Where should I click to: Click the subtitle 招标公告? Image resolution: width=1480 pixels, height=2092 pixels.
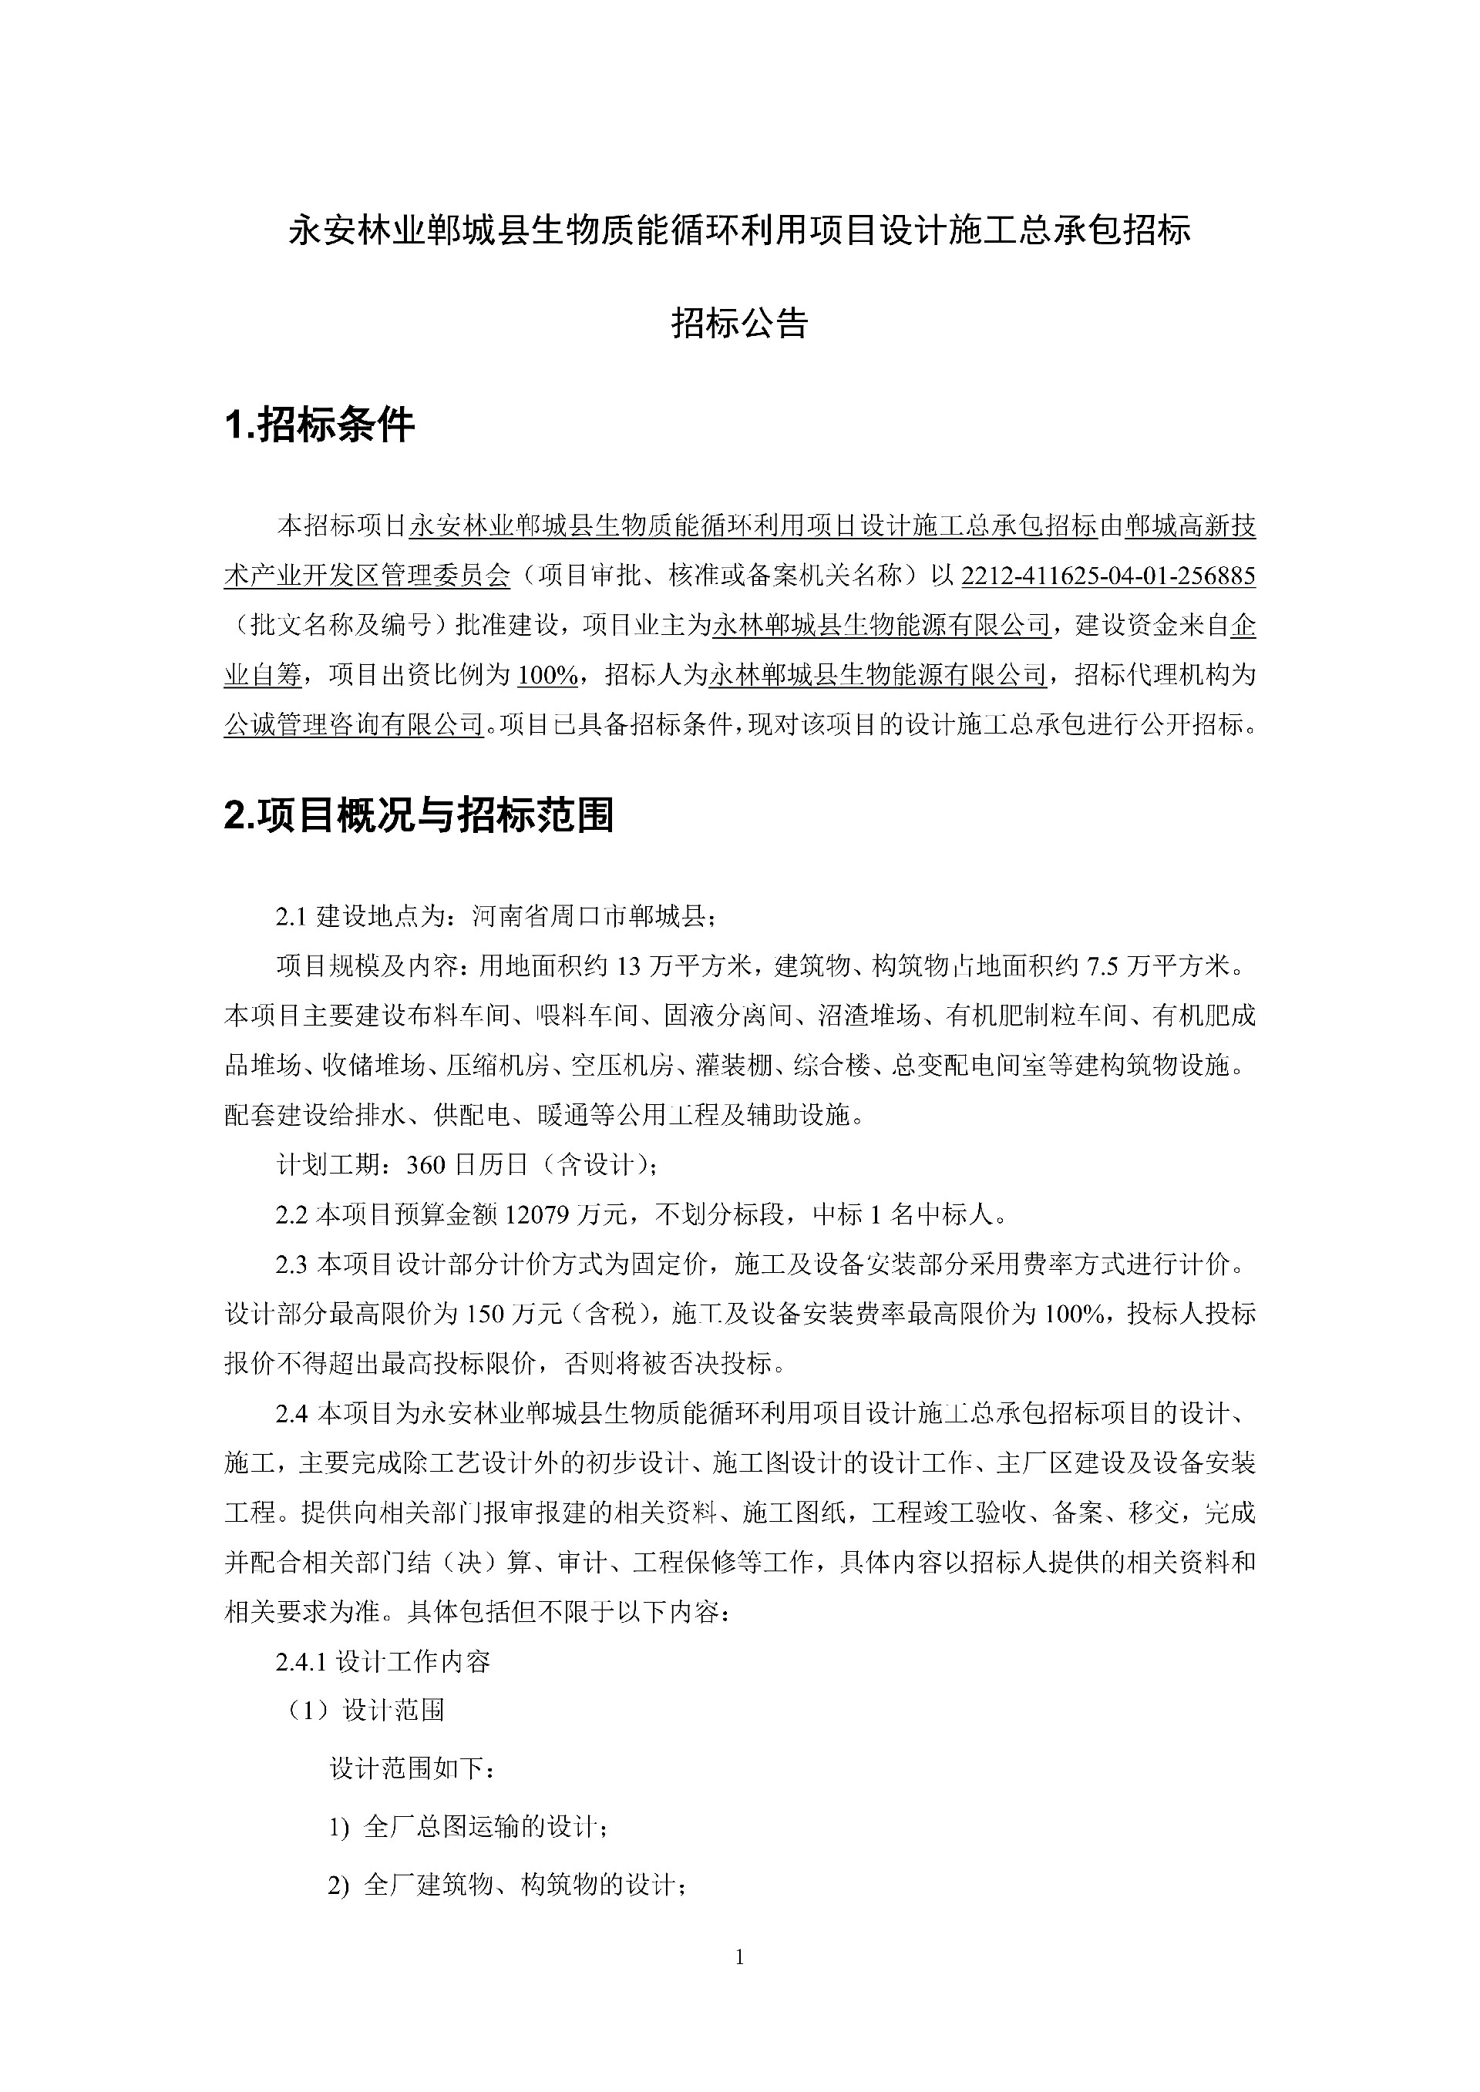coord(739,323)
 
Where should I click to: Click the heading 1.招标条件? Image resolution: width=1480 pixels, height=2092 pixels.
coord(319,425)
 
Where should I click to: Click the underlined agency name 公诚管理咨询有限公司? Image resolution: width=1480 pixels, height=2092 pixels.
coord(354,725)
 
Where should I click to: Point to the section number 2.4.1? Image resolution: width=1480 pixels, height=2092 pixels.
coord(301,1662)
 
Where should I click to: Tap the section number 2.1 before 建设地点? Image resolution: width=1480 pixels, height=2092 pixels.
coord(294,917)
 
